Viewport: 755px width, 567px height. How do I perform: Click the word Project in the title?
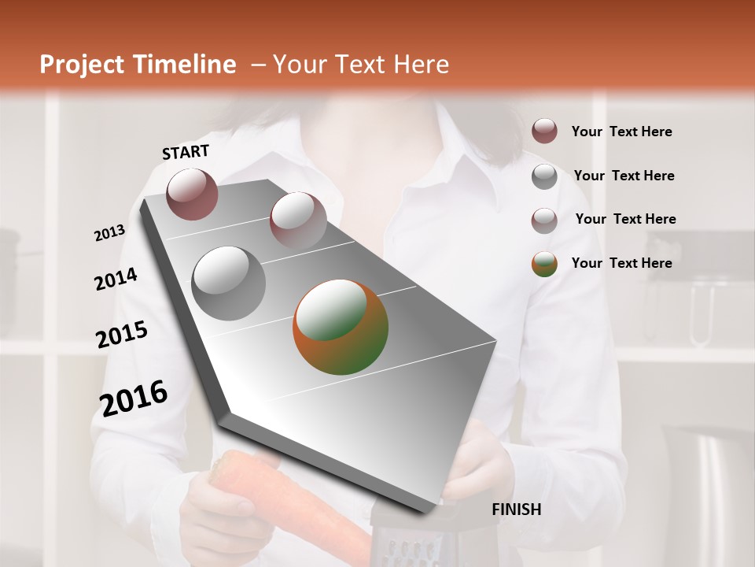coord(82,65)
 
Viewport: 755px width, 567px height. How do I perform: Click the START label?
coord(186,152)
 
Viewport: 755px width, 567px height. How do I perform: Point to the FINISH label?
coord(517,510)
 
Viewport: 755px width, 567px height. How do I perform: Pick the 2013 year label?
coord(110,233)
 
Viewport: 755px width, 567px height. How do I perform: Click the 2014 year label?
coord(116,279)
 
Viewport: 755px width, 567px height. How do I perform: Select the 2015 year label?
coord(122,335)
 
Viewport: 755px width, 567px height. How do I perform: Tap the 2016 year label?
coord(134,398)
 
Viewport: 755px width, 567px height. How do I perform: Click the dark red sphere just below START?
coord(192,194)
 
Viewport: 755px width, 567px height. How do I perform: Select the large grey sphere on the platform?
coord(229,283)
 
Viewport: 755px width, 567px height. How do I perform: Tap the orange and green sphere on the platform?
coord(341,327)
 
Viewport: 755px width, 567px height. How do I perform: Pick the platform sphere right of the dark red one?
coord(297,219)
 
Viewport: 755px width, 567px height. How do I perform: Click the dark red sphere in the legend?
coord(544,131)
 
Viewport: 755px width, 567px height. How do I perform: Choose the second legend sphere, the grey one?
coord(544,176)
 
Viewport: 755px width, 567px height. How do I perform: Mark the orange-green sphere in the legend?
coord(544,264)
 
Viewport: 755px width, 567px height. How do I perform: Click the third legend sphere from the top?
coord(544,220)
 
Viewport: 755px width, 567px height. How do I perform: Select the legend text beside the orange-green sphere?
coord(622,263)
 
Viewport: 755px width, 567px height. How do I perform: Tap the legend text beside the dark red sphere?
coord(622,132)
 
